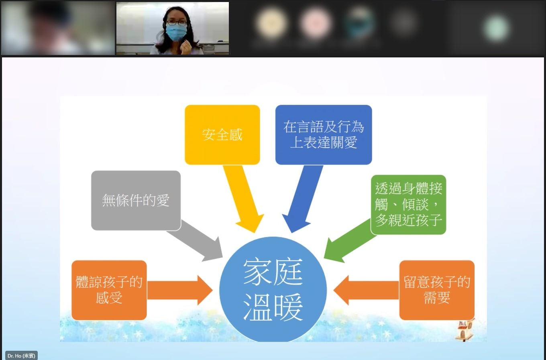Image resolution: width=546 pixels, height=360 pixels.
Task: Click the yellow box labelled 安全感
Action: tap(222, 134)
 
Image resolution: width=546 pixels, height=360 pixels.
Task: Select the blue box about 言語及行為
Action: tap(324, 134)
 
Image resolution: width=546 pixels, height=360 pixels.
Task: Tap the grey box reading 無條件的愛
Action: tap(136, 200)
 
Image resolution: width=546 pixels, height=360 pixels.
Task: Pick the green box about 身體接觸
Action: tap(409, 205)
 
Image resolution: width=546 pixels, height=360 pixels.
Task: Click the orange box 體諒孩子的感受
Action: tap(109, 290)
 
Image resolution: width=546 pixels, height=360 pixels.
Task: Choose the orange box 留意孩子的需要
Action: tap(437, 290)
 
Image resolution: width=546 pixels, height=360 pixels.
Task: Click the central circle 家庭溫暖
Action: tap(273, 289)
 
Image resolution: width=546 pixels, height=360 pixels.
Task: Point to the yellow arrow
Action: tap(244, 199)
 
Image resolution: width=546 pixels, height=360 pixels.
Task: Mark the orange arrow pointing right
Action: tap(180, 290)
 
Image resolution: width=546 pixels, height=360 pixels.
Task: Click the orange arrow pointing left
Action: tap(366, 290)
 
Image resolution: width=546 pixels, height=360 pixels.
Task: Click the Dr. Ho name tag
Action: tap(21, 356)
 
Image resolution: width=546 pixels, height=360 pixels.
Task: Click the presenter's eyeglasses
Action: tap(177, 23)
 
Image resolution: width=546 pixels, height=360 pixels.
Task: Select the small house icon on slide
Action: tap(465, 329)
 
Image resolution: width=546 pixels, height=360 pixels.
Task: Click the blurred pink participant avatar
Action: tap(315, 22)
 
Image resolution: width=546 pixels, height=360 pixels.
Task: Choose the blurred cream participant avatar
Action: tap(271, 22)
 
